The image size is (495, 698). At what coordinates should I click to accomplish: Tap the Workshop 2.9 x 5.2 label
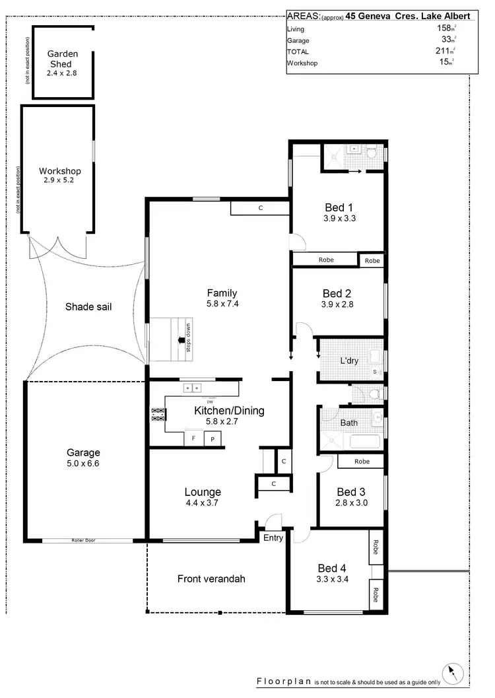59,176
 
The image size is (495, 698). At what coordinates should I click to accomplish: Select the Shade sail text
88,306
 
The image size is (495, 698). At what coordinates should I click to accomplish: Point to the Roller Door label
84,540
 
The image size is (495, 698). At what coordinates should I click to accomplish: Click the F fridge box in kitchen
193,438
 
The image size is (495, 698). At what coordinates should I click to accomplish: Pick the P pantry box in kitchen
213,438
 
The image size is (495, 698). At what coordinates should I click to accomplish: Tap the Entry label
273,538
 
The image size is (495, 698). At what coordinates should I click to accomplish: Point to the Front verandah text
211,579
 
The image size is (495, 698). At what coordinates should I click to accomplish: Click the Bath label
349,423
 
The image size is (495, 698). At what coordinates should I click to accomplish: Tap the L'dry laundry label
350,361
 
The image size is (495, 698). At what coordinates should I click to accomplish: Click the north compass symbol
453,674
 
